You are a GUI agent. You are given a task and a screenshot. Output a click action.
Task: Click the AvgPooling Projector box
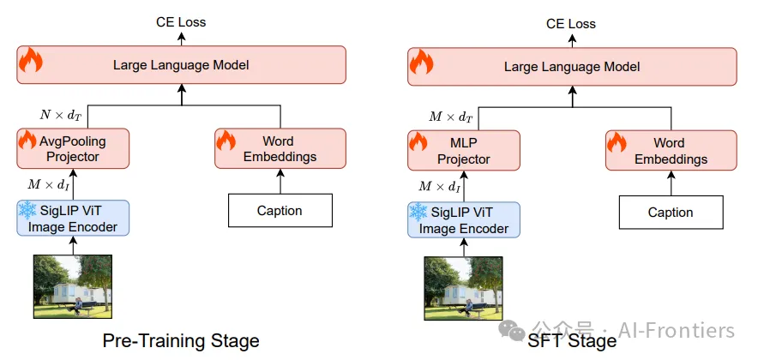(x=73, y=148)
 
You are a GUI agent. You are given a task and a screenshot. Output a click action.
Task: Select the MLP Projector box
(x=464, y=150)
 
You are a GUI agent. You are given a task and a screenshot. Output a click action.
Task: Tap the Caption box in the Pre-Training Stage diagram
(x=280, y=210)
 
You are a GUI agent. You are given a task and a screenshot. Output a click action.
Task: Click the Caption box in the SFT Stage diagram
(x=671, y=212)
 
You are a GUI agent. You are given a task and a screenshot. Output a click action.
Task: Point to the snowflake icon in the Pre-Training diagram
(x=27, y=210)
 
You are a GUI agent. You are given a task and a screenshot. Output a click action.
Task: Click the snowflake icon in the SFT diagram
(x=418, y=212)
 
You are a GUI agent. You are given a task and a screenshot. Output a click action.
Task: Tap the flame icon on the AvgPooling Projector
(x=27, y=140)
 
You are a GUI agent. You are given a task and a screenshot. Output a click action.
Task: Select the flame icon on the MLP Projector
(x=418, y=142)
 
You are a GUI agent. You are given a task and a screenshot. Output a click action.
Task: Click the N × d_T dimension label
(x=60, y=116)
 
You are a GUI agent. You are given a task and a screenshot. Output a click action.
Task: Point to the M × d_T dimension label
(x=450, y=117)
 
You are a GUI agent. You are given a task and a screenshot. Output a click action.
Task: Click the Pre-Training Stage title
(x=181, y=340)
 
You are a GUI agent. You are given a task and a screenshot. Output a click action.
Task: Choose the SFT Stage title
(x=572, y=341)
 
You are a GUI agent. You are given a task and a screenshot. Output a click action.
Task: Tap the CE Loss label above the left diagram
(x=181, y=22)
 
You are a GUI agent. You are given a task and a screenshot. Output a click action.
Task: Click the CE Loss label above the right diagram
(x=571, y=24)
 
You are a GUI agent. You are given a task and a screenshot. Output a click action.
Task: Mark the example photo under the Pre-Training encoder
(x=73, y=286)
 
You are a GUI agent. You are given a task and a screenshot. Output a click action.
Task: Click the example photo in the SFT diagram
(x=464, y=289)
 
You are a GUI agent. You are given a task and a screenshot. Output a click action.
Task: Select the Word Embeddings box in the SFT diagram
(x=671, y=150)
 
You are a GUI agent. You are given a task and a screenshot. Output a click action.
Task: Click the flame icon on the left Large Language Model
(x=31, y=60)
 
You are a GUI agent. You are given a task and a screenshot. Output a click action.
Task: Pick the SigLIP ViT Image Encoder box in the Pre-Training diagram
(x=73, y=218)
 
